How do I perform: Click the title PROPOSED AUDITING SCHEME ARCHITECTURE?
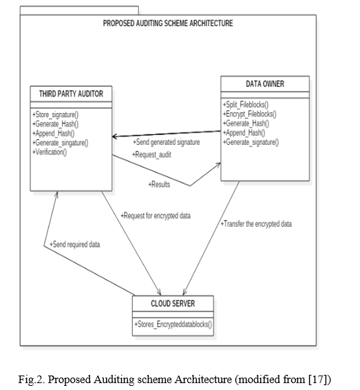pos(168,23)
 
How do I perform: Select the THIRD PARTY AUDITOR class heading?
pos(71,94)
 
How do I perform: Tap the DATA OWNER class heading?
pos(265,84)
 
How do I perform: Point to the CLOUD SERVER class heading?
pos(173,303)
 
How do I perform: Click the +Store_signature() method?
pos(55,114)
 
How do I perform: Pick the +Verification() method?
pos(50,152)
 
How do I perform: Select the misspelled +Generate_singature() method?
pos(61,143)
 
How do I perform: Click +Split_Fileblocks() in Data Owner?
pos(246,105)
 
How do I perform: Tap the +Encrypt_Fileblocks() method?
pos(250,114)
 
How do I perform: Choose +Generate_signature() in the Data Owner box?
pos(251,142)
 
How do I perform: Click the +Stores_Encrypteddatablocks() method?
pos(173,325)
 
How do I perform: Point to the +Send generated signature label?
pos(167,142)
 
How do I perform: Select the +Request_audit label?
pos(152,155)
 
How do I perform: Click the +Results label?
pos(159,185)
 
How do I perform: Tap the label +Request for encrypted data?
pos(156,216)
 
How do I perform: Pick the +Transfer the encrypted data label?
pos(256,224)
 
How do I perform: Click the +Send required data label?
pos(75,245)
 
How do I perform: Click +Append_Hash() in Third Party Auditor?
pos(54,133)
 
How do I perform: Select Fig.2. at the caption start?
pos(32,380)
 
